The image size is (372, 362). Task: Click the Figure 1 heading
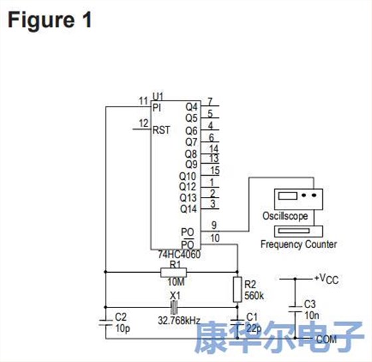click(x=49, y=19)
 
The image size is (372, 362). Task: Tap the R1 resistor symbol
click(x=174, y=272)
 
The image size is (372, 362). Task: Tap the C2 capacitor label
click(x=121, y=316)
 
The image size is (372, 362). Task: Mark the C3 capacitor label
click(x=310, y=303)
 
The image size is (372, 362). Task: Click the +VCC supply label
click(x=327, y=278)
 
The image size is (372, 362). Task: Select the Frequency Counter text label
click(x=298, y=244)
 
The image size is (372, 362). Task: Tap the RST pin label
click(x=161, y=130)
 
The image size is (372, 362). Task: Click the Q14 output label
click(x=189, y=209)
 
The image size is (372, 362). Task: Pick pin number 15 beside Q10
click(x=214, y=171)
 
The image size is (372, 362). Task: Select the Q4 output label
click(x=191, y=106)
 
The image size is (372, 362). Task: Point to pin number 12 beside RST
click(x=143, y=123)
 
